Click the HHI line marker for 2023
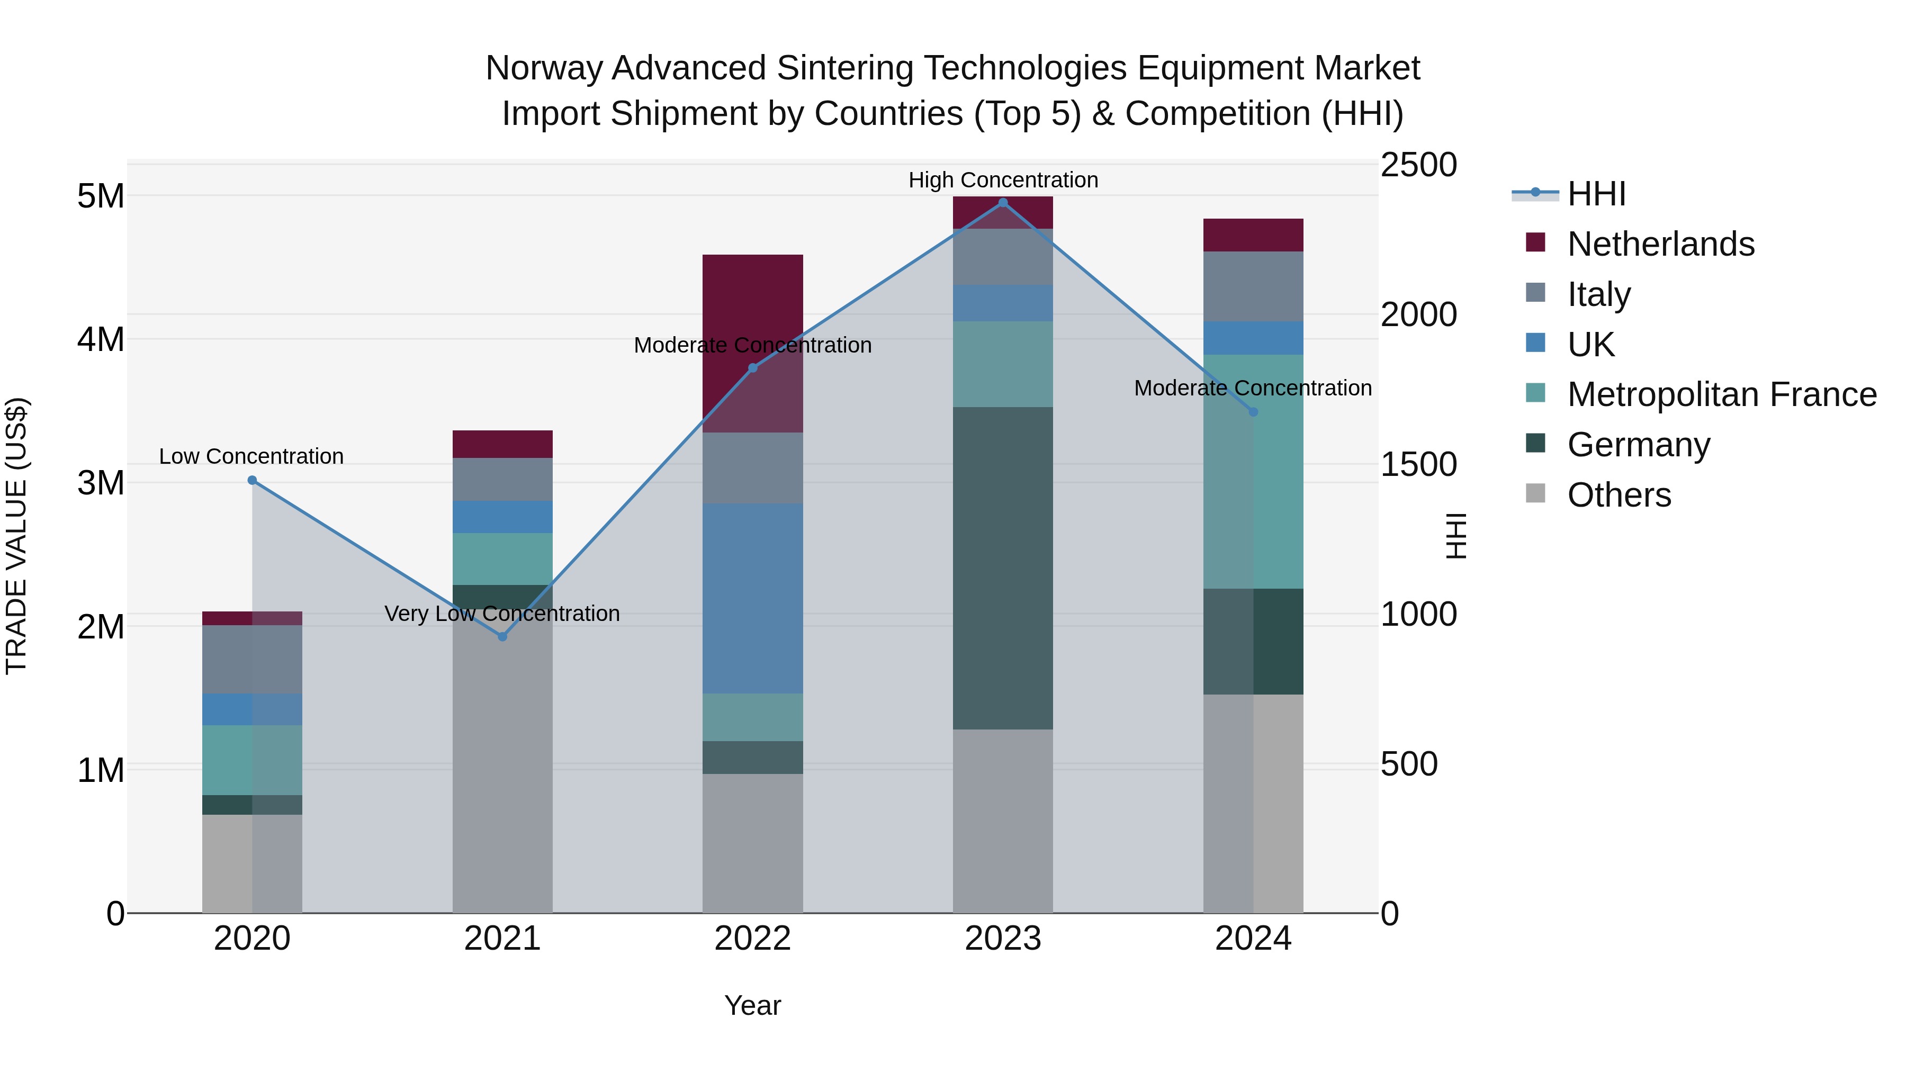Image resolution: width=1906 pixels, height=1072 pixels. (1003, 203)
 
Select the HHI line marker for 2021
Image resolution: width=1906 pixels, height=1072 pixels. (502, 636)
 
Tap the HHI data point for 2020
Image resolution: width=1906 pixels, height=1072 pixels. (253, 480)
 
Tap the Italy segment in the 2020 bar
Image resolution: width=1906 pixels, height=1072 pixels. (253, 659)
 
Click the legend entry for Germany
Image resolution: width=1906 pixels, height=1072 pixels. (1638, 445)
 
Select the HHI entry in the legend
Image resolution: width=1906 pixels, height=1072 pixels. (1596, 194)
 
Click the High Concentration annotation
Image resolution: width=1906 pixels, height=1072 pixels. (1003, 180)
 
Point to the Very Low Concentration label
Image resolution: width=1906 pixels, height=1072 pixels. (502, 614)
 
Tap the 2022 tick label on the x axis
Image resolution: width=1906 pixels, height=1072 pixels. (752, 939)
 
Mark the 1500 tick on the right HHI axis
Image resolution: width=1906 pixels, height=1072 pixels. (1418, 465)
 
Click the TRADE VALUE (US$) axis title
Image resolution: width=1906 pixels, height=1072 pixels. (16, 536)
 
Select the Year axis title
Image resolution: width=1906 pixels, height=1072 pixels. (752, 1005)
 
